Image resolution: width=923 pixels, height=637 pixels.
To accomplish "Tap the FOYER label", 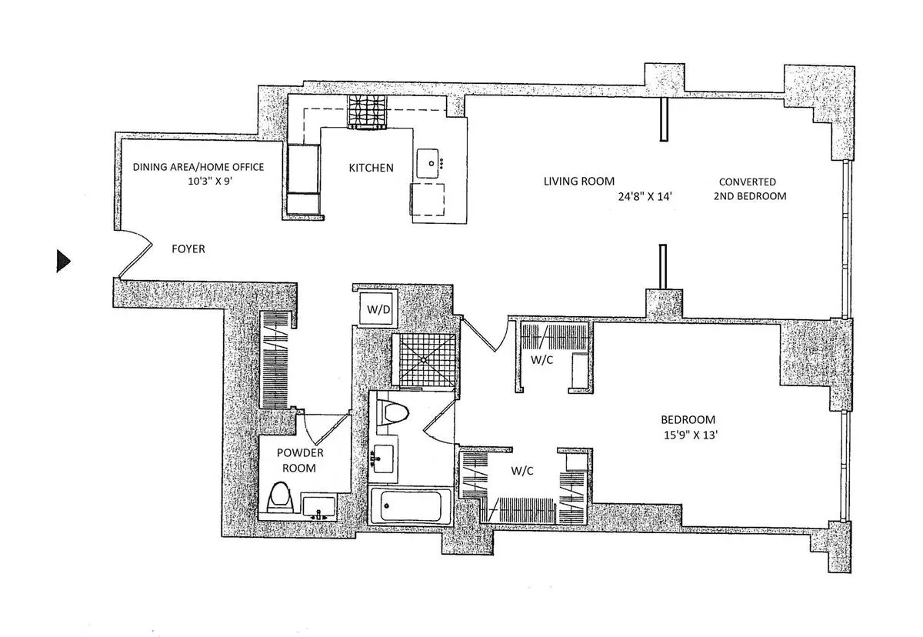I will (x=188, y=249).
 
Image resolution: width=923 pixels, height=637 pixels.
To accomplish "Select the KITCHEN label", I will (x=371, y=168).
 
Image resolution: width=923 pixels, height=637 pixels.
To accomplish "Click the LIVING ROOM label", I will (x=578, y=182).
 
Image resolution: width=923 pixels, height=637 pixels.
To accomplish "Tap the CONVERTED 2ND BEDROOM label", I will (x=747, y=189).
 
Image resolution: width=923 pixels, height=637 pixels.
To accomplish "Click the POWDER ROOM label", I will (x=295, y=460).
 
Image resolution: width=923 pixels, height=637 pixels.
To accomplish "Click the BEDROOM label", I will (x=688, y=420).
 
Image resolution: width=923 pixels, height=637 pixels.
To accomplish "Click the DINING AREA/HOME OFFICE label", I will (x=198, y=167).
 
